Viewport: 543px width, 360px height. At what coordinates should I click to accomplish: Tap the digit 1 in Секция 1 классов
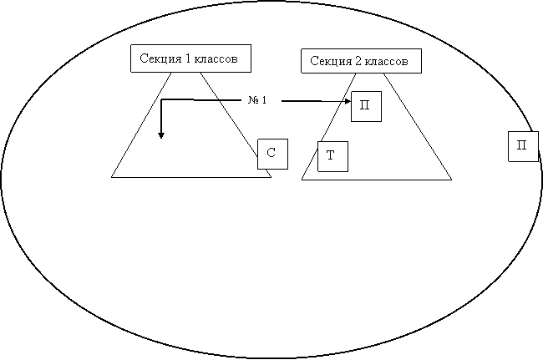[x=188, y=58]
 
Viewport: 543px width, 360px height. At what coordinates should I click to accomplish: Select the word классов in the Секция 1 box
[x=216, y=58]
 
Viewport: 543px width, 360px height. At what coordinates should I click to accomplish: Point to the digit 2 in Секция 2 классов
[x=358, y=61]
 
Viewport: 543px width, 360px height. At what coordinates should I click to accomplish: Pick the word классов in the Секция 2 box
[x=387, y=61]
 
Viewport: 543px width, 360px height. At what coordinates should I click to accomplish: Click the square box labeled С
[x=272, y=154]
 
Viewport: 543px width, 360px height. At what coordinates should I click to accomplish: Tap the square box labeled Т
[x=332, y=156]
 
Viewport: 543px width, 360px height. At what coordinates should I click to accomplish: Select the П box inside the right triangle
[x=367, y=106]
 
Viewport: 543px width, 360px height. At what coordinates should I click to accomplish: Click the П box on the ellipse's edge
[x=523, y=146]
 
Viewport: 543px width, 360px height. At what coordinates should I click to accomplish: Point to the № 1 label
[x=257, y=100]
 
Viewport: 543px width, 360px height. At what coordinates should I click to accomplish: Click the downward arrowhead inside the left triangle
[x=161, y=135]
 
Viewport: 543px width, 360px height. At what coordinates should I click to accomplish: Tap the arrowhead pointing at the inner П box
[x=348, y=101]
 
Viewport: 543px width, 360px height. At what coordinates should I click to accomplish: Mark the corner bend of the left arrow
[x=161, y=100]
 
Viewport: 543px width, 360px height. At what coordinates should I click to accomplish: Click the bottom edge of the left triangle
[x=191, y=177]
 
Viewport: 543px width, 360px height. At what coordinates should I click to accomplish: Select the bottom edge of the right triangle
[x=377, y=180]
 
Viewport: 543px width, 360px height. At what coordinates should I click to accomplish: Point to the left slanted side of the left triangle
[x=141, y=124]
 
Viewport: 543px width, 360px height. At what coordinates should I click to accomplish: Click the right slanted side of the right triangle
[x=418, y=126]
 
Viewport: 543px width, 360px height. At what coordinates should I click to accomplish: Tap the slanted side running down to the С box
[x=229, y=114]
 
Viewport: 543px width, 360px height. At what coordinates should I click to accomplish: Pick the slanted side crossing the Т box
[x=328, y=126]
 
